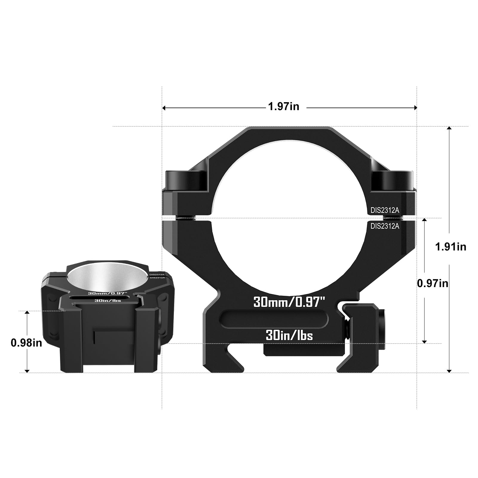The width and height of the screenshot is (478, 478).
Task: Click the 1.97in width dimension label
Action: pyautogui.click(x=284, y=106)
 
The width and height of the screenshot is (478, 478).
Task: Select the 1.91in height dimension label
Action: pyautogui.click(x=451, y=247)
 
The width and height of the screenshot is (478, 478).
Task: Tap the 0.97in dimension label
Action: pyautogui.click(x=433, y=283)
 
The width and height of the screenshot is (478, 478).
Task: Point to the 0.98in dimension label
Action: pyautogui.click(x=26, y=343)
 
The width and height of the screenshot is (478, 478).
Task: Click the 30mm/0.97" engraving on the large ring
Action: pyautogui.click(x=289, y=302)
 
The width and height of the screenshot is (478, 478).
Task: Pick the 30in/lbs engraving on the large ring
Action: pyautogui.click(x=289, y=336)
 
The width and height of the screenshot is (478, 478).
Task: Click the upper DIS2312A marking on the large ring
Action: pyautogui.click(x=385, y=210)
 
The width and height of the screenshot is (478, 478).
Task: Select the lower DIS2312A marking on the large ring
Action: pyautogui.click(x=385, y=226)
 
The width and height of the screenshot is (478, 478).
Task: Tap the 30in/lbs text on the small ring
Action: pyautogui.click(x=108, y=301)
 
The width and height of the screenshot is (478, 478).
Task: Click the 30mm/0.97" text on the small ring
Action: pyautogui.click(x=108, y=293)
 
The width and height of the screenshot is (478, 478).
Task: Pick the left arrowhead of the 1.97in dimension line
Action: pyautogui.click(x=164, y=108)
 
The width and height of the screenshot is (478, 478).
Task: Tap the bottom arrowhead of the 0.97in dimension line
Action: pyautogui.click(x=425, y=341)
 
